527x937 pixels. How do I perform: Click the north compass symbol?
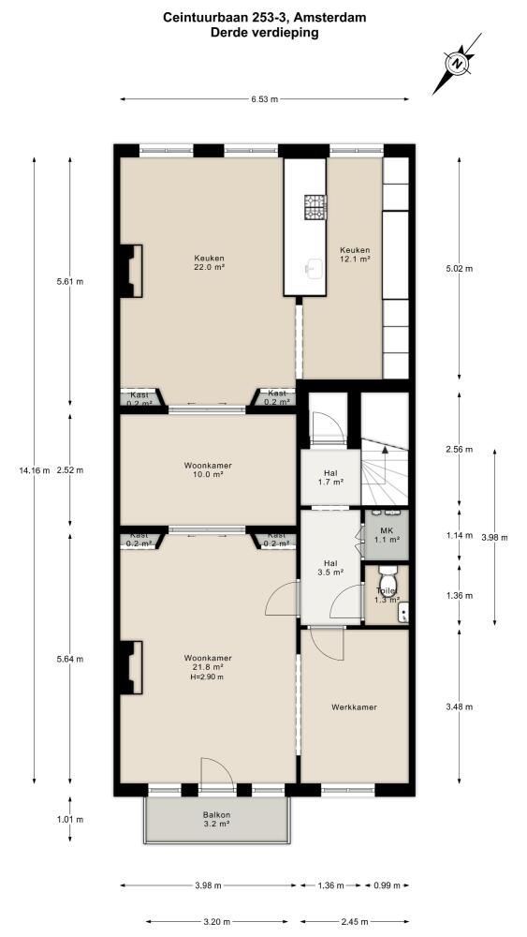coord(457,64)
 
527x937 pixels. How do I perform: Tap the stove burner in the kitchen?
coord(315,207)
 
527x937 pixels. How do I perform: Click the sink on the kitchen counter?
coord(314,268)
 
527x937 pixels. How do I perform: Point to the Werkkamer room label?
coord(354,706)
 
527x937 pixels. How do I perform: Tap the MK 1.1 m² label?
coord(387,534)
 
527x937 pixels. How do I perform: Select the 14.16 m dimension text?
coord(34,469)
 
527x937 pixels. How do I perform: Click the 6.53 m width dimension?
coord(265,99)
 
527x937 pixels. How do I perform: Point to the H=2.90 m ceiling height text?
coord(208,677)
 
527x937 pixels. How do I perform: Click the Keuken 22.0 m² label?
coord(209,263)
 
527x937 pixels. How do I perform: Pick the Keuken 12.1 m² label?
coord(355,255)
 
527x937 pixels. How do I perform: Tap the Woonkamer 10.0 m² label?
coord(208,469)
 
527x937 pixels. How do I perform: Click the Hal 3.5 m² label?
coord(330,567)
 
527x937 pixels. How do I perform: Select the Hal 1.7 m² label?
coord(330,478)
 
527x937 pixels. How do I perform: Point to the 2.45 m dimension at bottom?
coord(354,921)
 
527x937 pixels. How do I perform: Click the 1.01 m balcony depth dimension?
coord(70,819)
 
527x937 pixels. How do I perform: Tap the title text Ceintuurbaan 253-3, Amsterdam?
coord(264,18)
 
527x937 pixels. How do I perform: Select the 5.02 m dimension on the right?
coord(460,268)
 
